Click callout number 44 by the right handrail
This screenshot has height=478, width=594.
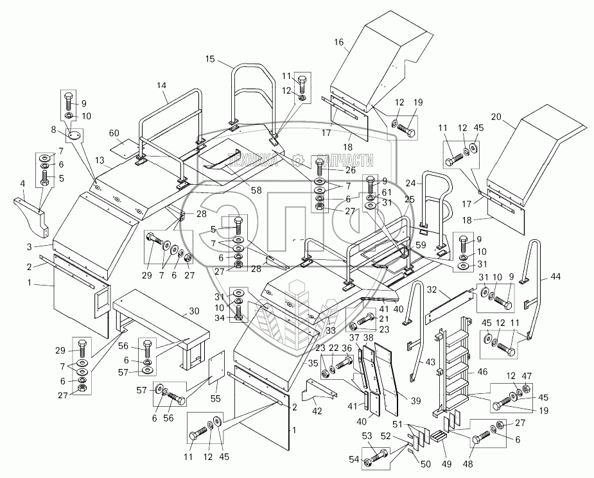tap(555, 277)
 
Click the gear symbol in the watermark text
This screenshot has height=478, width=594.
tap(297, 160)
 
